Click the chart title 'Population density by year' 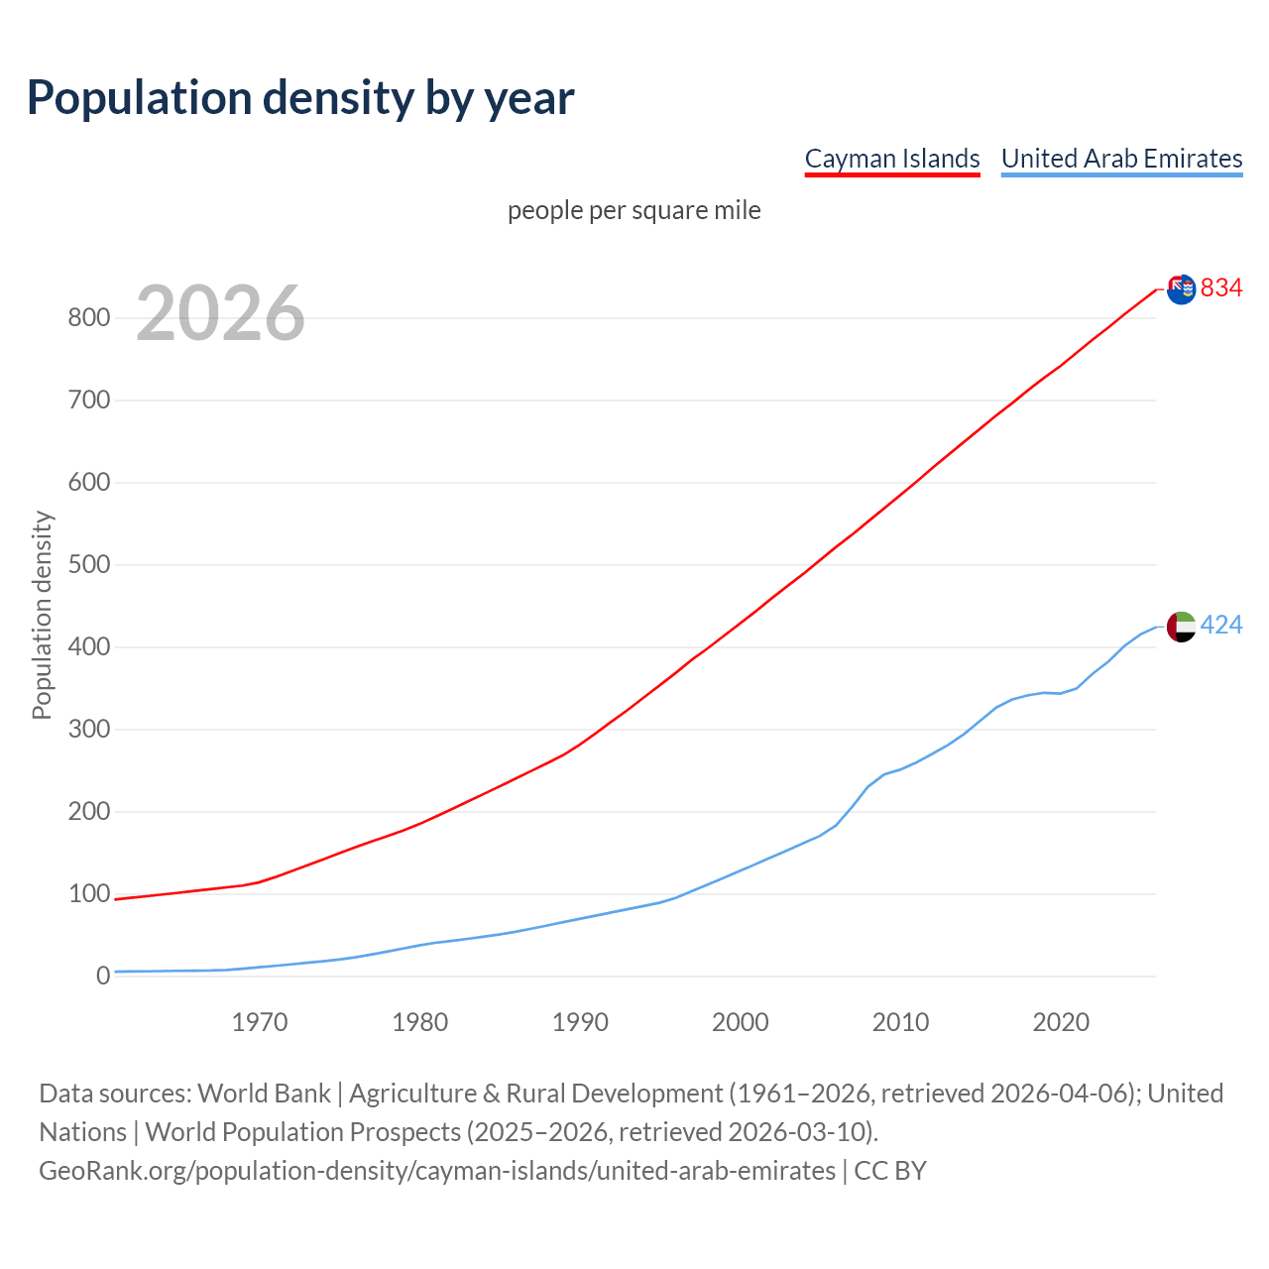click(x=300, y=98)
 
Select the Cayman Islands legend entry click(x=892, y=159)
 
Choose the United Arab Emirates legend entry click(x=1121, y=159)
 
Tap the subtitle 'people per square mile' click(x=634, y=211)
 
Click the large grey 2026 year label click(x=220, y=313)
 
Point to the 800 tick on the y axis click(x=88, y=318)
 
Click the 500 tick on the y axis click(x=88, y=565)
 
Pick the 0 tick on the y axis click(x=103, y=977)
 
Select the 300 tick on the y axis click(x=88, y=730)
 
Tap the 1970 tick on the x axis click(x=260, y=1022)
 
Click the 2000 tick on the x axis click(x=741, y=1022)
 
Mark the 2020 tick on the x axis click(x=1061, y=1022)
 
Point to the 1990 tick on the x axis click(x=580, y=1022)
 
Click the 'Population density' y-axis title click(x=42, y=615)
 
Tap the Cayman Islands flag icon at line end click(x=1181, y=289)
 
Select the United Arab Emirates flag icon click(x=1181, y=627)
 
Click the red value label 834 click(x=1221, y=288)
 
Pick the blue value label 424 click(x=1221, y=625)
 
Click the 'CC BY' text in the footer click(x=890, y=1171)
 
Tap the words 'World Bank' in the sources click(x=264, y=1094)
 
